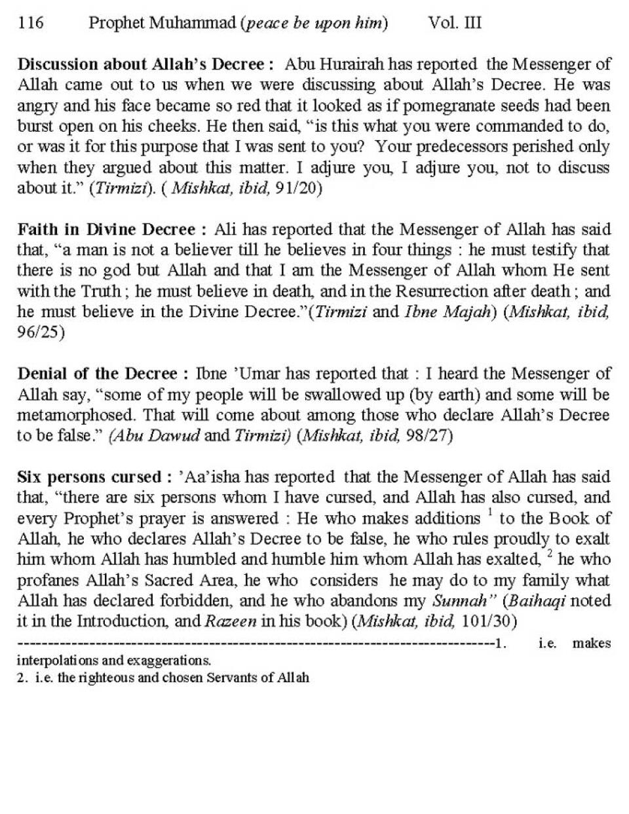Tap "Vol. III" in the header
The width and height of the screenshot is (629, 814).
coord(455,24)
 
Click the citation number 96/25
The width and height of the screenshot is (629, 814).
coord(41,332)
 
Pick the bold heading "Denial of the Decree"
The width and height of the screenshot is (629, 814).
coord(97,374)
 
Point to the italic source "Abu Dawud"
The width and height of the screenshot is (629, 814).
coord(155,436)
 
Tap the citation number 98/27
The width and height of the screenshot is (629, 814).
coord(429,436)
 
